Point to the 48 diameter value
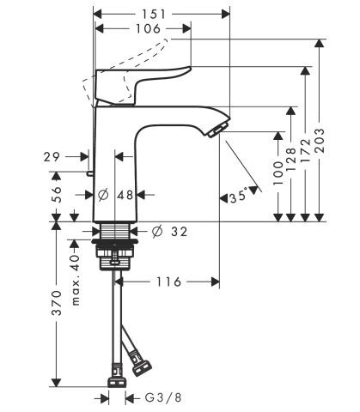(125, 195)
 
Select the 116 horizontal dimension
(168, 281)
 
